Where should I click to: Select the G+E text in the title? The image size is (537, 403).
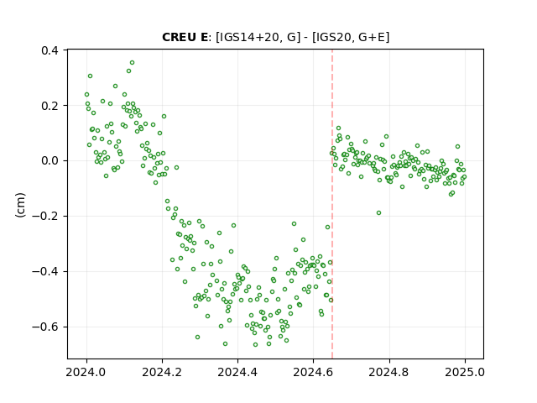click(x=371, y=37)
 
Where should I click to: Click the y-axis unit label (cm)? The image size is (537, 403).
click(x=20, y=205)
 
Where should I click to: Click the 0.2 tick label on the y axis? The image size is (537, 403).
click(x=50, y=106)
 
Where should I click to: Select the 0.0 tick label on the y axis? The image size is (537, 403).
click(x=50, y=160)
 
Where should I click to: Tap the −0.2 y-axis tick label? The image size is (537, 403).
click(x=45, y=217)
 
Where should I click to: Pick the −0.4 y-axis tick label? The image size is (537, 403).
click(x=45, y=271)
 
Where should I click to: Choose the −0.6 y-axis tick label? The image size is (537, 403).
click(x=45, y=327)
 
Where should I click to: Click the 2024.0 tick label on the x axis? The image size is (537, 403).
click(x=86, y=372)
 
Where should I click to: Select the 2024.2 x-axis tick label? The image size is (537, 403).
click(x=162, y=372)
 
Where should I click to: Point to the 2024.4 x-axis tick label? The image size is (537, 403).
click(x=237, y=372)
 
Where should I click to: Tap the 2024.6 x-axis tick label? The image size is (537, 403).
click(x=313, y=372)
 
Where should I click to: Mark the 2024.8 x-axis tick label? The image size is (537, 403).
click(x=389, y=372)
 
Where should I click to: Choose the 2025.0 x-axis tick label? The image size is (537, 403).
click(x=465, y=372)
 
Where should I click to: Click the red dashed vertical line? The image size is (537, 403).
click(x=332, y=204)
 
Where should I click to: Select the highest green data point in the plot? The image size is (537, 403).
click(x=133, y=63)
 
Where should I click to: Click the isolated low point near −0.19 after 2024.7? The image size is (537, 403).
click(x=378, y=212)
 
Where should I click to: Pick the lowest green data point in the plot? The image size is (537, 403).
click(x=255, y=345)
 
